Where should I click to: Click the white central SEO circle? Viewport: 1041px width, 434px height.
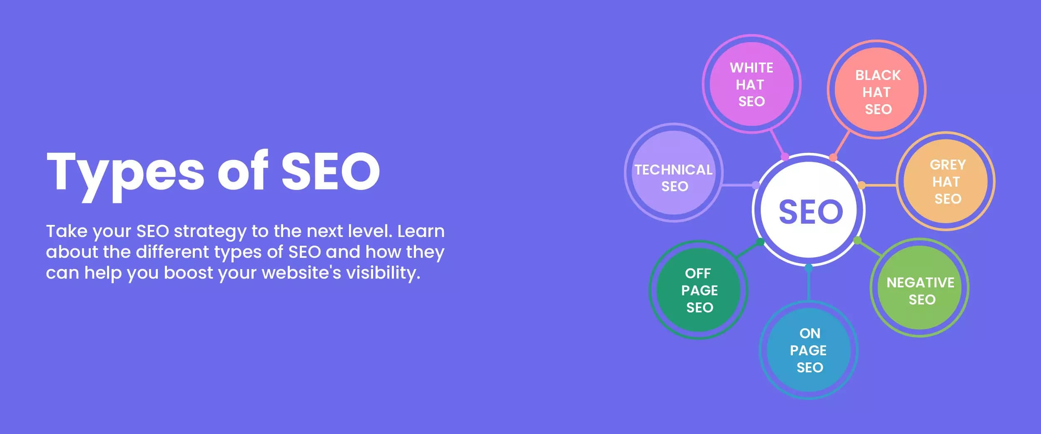tap(809, 210)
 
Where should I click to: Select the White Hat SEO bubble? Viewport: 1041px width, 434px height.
tap(752, 84)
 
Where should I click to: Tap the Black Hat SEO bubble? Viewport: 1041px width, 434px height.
tap(877, 90)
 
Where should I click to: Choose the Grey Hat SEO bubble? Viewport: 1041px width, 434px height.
tap(946, 181)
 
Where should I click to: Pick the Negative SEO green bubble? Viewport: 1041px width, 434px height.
tap(919, 287)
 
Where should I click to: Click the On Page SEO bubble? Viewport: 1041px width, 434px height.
tap(809, 350)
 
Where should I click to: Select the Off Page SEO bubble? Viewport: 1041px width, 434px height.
tap(698, 290)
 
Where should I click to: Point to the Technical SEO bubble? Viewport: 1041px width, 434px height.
tap(674, 172)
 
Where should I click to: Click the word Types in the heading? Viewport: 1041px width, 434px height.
tap(125, 175)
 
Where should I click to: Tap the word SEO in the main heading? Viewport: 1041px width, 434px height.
tap(331, 171)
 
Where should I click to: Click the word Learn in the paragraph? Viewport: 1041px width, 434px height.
tap(421, 231)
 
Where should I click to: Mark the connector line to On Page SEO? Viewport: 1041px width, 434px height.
tap(809, 284)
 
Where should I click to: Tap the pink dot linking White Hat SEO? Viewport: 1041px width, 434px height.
tap(785, 157)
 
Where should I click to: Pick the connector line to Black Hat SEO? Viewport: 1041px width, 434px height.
tap(841, 144)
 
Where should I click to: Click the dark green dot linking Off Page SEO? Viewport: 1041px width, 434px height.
tap(760, 242)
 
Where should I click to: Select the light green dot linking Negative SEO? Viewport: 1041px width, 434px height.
tap(857, 240)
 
